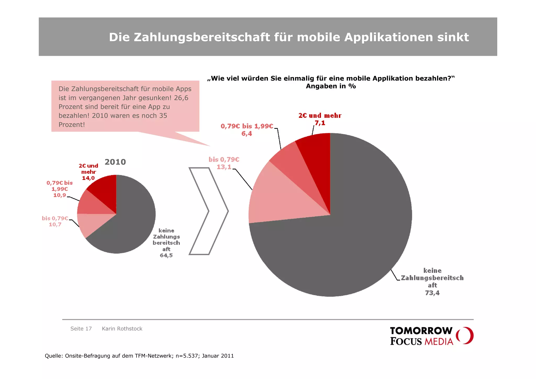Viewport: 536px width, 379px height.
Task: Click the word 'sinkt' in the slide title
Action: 453,37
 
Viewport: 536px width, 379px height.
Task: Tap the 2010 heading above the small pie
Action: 115,162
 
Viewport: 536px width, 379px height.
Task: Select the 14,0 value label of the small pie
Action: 88,178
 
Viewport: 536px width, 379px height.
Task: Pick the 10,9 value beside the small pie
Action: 59,195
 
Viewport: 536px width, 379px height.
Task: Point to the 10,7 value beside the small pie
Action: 55,224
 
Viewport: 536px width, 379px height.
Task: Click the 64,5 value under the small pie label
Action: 166,255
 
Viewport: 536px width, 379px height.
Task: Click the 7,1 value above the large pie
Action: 320,123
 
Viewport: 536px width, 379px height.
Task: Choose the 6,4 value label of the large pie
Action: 247,134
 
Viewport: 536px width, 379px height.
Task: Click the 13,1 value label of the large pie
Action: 224,167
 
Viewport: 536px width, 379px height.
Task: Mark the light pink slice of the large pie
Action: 277,199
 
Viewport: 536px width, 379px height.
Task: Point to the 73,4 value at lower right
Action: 432,293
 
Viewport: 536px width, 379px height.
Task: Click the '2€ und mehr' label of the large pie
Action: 320,116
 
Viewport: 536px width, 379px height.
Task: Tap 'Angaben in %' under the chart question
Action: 331,86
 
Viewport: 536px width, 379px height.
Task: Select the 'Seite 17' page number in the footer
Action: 81,329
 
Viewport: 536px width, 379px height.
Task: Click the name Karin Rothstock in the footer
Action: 122,329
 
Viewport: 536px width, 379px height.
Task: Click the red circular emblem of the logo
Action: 465,336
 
